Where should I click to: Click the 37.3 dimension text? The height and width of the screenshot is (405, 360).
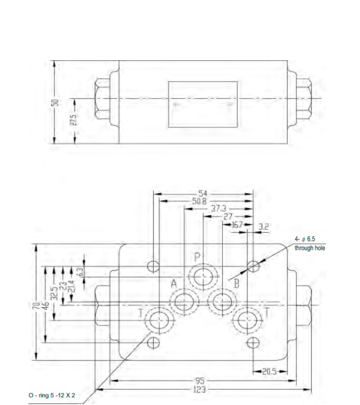[x=218, y=209]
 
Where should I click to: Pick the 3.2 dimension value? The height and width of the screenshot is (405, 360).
[x=264, y=226]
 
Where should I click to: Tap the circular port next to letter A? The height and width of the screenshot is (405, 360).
[x=183, y=303]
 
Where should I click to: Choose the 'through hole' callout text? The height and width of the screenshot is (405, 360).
[x=309, y=248]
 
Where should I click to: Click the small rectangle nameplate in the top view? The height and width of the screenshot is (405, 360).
[x=203, y=104]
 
